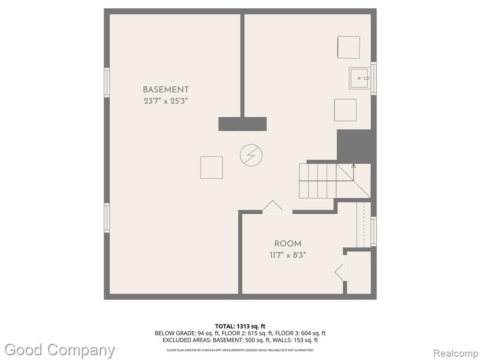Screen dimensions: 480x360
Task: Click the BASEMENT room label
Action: (x=165, y=90)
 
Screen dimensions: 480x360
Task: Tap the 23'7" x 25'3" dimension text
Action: (x=165, y=101)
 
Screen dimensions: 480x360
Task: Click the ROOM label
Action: (x=288, y=244)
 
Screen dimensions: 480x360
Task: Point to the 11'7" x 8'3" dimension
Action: (x=288, y=255)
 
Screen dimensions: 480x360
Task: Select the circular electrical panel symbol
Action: (x=251, y=155)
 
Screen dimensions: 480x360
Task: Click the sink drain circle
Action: (x=359, y=78)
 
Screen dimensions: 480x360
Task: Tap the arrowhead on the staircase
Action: (x=353, y=166)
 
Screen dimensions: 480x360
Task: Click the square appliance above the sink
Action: (x=348, y=47)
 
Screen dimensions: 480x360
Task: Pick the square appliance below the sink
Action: (x=345, y=110)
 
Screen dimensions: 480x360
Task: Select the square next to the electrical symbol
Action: (x=211, y=167)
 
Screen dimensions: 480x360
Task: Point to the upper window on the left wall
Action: (x=106, y=82)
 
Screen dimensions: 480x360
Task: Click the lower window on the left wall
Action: (x=106, y=217)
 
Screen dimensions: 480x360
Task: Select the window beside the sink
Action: (x=374, y=78)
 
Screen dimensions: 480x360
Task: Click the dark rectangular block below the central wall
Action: (x=242, y=124)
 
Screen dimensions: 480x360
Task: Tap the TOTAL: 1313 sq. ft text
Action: (x=238, y=326)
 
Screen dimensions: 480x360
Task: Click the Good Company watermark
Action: (x=60, y=350)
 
